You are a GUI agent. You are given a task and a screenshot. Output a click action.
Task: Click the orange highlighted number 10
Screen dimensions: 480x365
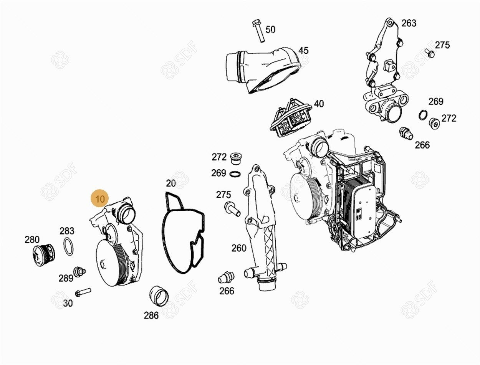point(100,199)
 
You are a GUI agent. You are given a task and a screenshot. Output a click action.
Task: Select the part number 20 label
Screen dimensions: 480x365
point(171,183)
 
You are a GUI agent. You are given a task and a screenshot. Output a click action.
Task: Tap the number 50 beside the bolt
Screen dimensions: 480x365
point(270,30)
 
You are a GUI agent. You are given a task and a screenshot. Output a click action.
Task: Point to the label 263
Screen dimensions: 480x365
point(409,23)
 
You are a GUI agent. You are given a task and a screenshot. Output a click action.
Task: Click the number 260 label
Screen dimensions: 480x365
point(239,248)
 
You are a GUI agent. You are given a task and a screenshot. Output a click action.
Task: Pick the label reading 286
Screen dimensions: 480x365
point(151,315)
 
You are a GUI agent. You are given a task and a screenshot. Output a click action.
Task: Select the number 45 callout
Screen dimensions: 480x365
point(303,51)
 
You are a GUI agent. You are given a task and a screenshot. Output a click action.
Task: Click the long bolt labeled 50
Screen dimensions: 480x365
point(258,31)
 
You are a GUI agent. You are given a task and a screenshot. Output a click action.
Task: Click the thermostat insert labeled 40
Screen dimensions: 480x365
point(291,118)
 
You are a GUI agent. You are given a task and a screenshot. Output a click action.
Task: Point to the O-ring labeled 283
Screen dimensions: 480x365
point(68,247)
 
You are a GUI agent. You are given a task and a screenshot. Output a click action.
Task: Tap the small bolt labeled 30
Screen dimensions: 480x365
point(83,292)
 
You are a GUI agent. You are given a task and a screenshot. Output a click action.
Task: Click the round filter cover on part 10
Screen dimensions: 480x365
point(106,262)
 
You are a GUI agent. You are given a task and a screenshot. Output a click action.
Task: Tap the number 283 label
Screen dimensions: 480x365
point(67,231)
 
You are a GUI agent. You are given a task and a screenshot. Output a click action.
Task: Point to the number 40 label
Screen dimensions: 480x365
point(319,104)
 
